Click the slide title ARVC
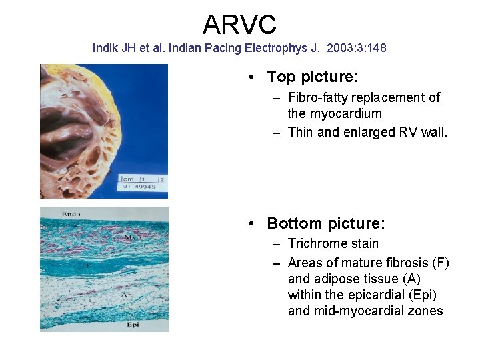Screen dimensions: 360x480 pos(239,25)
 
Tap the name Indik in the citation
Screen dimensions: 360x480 pos(105,49)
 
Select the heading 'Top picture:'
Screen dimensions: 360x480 pos(313,77)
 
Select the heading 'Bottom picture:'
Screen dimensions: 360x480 pos(326,223)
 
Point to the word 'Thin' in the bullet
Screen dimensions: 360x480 pos(301,132)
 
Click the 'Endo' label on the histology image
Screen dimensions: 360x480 pos(71,214)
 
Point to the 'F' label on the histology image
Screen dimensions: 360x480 pos(87,265)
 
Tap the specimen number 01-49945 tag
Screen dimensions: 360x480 pos(140,187)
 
